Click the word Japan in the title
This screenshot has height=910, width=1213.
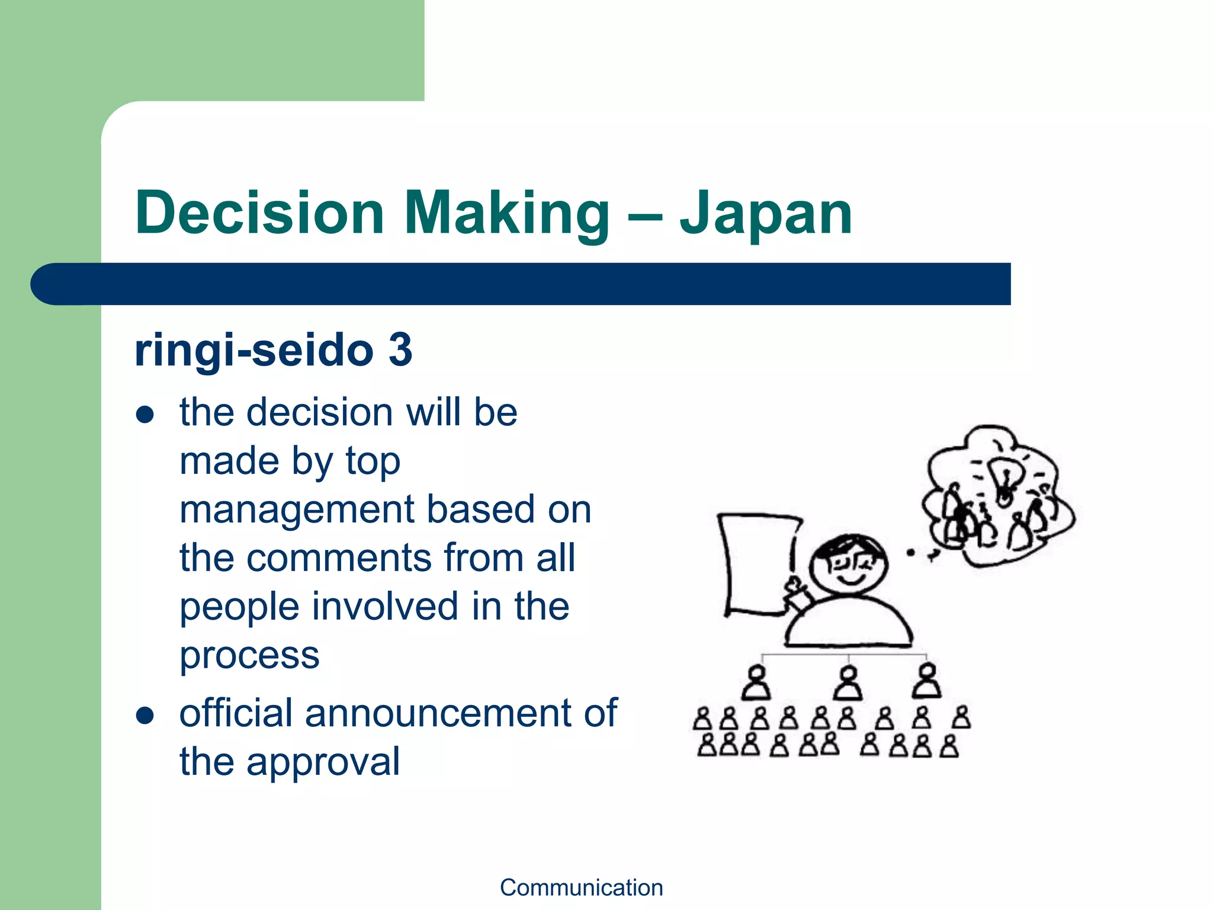pyautogui.click(x=765, y=213)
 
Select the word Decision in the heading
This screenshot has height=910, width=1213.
pyautogui.click(x=259, y=213)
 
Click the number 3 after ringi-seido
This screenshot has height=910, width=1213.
pyautogui.click(x=400, y=350)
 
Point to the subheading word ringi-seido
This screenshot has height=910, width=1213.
pyautogui.click(x=253, y=351)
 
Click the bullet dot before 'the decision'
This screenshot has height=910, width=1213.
pyautogui.click(x=145, y=415)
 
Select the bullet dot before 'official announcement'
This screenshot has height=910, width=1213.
pyautogui.click(x=145, y=715)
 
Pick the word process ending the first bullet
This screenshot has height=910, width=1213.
pyautogui.click(x=249, y=656)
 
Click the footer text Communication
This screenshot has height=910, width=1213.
pyautogui.click(x=581, y=887)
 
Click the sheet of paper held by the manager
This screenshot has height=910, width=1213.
pyautogui.click(x=756, y=563)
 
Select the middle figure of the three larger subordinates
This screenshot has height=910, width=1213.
pyautogui.click(x=848, y=683)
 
